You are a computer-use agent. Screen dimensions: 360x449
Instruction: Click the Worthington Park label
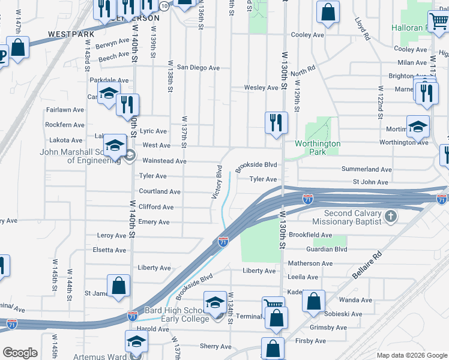pos(318,148)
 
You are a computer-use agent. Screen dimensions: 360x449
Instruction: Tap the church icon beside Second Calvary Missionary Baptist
pos(390,217)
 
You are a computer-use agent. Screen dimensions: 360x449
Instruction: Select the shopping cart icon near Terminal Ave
pos(273,307)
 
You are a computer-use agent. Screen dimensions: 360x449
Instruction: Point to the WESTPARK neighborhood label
pos(71,35)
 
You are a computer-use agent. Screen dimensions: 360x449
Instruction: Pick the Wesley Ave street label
pos(261,88)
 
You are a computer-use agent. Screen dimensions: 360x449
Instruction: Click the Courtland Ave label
pos(159,192)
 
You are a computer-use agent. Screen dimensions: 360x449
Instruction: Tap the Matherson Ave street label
pos(310,263)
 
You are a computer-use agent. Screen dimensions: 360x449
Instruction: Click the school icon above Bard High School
pos(215,302)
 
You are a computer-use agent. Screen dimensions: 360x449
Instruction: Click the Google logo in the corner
pos(20,353)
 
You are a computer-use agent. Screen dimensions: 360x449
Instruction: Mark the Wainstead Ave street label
pos(164,161)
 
